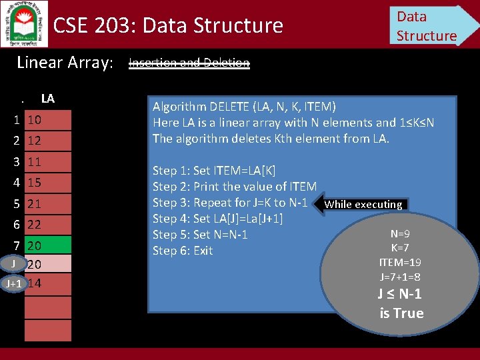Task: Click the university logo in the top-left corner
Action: (x=24, y=23)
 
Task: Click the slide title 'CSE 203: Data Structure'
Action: (x=168, y=25)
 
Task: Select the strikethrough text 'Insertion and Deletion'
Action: (x=189, y=63)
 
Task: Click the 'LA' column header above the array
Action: (x=47, y=99)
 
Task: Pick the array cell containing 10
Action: (x=48, y=120)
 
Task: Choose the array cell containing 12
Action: (x=48, y=141)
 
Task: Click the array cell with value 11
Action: (x=48, y=161)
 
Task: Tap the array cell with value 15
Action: (x=48, y=182)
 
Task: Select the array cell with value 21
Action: (x=48, y=203)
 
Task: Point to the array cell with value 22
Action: (x=48, y=225)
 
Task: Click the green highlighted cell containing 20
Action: (x=48, y=245)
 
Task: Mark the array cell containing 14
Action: (x=48, y=283)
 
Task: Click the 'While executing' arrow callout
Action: (x=363, y=205)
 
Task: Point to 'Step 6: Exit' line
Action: (x=183, y=251)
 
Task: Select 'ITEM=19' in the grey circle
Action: (x=399, y=262)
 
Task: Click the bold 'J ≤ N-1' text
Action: (x=400, y=294)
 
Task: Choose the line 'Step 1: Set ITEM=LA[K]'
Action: (x=214, y=171)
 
